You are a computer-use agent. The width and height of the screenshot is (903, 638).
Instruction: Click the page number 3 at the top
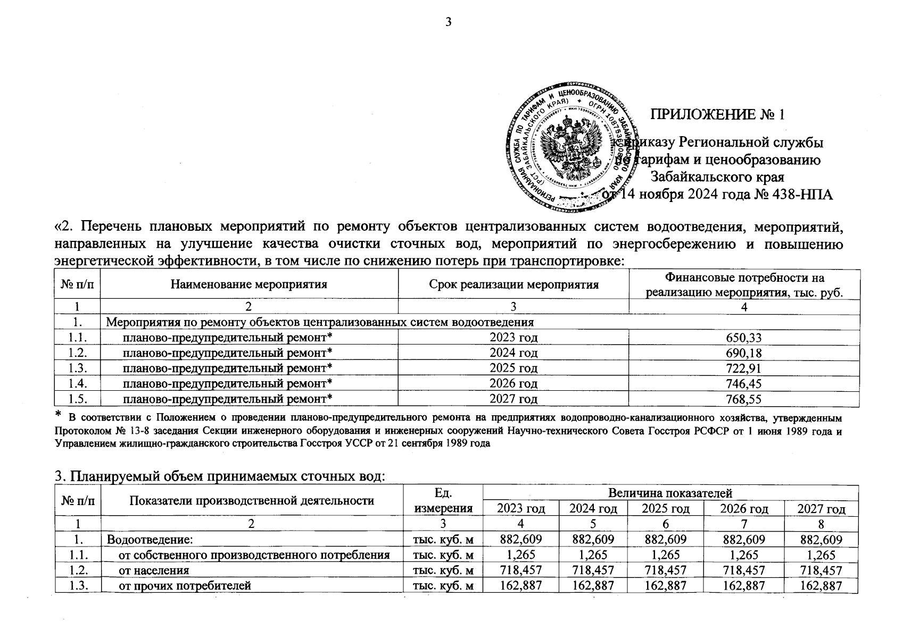coord(448,22)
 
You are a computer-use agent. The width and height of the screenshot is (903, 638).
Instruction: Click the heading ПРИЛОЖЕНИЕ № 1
coord(718,114)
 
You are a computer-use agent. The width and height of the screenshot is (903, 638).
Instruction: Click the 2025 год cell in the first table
coord(513,368)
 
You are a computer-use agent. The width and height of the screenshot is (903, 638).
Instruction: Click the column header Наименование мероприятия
coord(248,284)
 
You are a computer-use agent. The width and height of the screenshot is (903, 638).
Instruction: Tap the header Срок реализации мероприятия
coord(513,284)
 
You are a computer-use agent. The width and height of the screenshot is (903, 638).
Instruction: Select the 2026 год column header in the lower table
coord(743,509)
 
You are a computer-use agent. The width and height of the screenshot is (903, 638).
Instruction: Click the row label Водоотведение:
coord(149,540)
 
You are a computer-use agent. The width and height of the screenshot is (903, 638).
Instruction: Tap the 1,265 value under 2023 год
coord(521,555)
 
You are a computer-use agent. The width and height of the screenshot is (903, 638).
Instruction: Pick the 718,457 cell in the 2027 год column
coord(821,570)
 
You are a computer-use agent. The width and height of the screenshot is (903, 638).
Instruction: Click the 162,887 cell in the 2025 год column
coord(665,586)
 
